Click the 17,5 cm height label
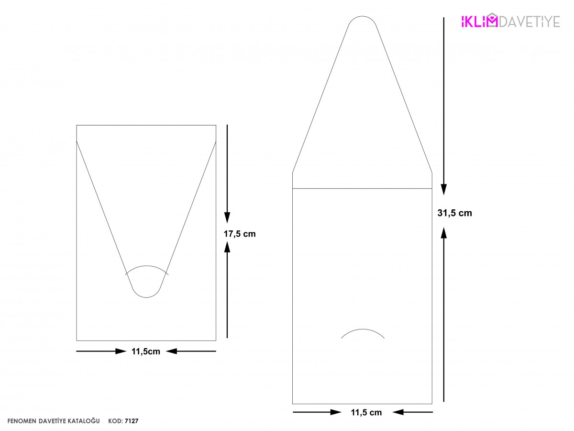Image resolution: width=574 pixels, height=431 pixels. tap(239, 234)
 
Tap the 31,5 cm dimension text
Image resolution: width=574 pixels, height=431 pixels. tap(454, 213)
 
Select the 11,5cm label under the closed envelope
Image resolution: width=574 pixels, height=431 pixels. tap(146, 352)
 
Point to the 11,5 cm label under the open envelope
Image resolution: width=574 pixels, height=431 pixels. tap(366, 412)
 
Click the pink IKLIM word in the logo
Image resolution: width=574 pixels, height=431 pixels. tap(479, 21)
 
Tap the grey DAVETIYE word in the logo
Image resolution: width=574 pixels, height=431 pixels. tap(530, 22)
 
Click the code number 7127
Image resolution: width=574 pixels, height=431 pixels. tap(132, 421)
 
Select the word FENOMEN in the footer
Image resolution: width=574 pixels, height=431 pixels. tap(22, 421)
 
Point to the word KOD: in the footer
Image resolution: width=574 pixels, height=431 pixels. tap(115, 421)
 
